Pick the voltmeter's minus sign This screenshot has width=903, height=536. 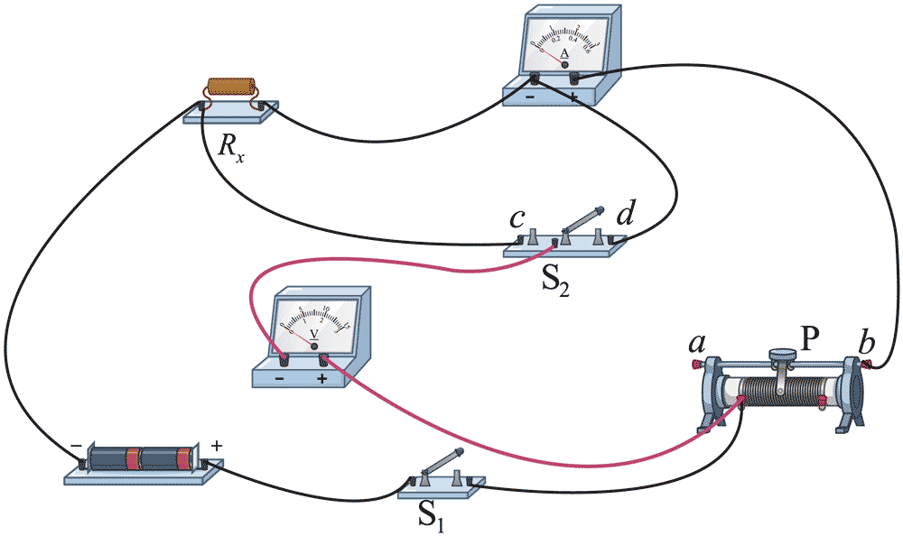pyautogui.click(x=280, y=379)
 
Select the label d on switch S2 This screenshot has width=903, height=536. pyautogui.click(x=624, y=217)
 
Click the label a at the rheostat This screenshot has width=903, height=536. pyautogui.click(x=696, y=343)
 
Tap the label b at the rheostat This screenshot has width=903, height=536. pyautogui.click(x=867, y=343)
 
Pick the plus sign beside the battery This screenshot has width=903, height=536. pyautogui.click(x=216, y=445)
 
